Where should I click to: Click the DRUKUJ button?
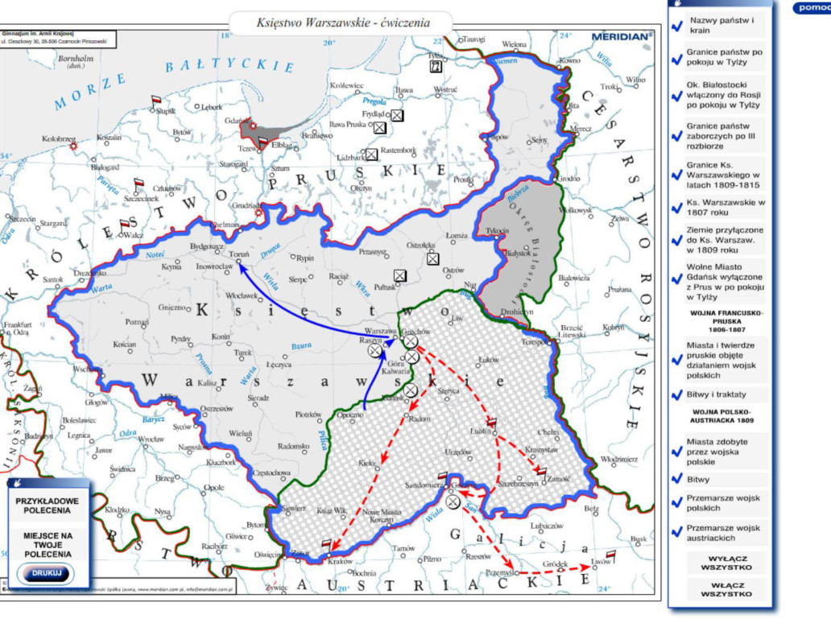(x=45, y=574)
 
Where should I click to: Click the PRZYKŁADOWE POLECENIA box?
(x=47, y=505)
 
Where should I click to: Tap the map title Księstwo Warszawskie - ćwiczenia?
(x=342, y=23)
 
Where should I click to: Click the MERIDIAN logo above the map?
(x=620, y=36)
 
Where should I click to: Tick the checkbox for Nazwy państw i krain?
(x=677, y=26)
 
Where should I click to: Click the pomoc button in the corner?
(x=811, y=9)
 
